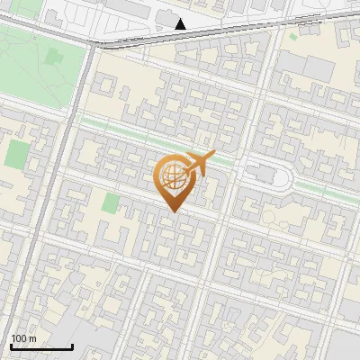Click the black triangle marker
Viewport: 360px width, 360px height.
[x=181, y=24]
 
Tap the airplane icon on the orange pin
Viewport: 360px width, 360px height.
[x=198, y=163]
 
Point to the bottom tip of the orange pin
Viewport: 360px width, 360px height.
[x=172, y=211]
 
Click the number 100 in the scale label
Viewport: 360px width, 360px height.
[x=18, y=338]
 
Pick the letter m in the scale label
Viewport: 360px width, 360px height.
[x=32, y=338]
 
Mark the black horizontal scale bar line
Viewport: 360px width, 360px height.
[x=41, y=346]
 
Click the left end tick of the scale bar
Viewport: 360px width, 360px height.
[x=11, y=346]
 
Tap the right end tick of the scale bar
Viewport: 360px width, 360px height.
[x=73, y=346]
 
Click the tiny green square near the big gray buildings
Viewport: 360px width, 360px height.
[x=294, y=37]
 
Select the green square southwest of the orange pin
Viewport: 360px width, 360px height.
[x=111, y=202]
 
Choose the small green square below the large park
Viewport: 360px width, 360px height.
[x=16, y=153]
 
